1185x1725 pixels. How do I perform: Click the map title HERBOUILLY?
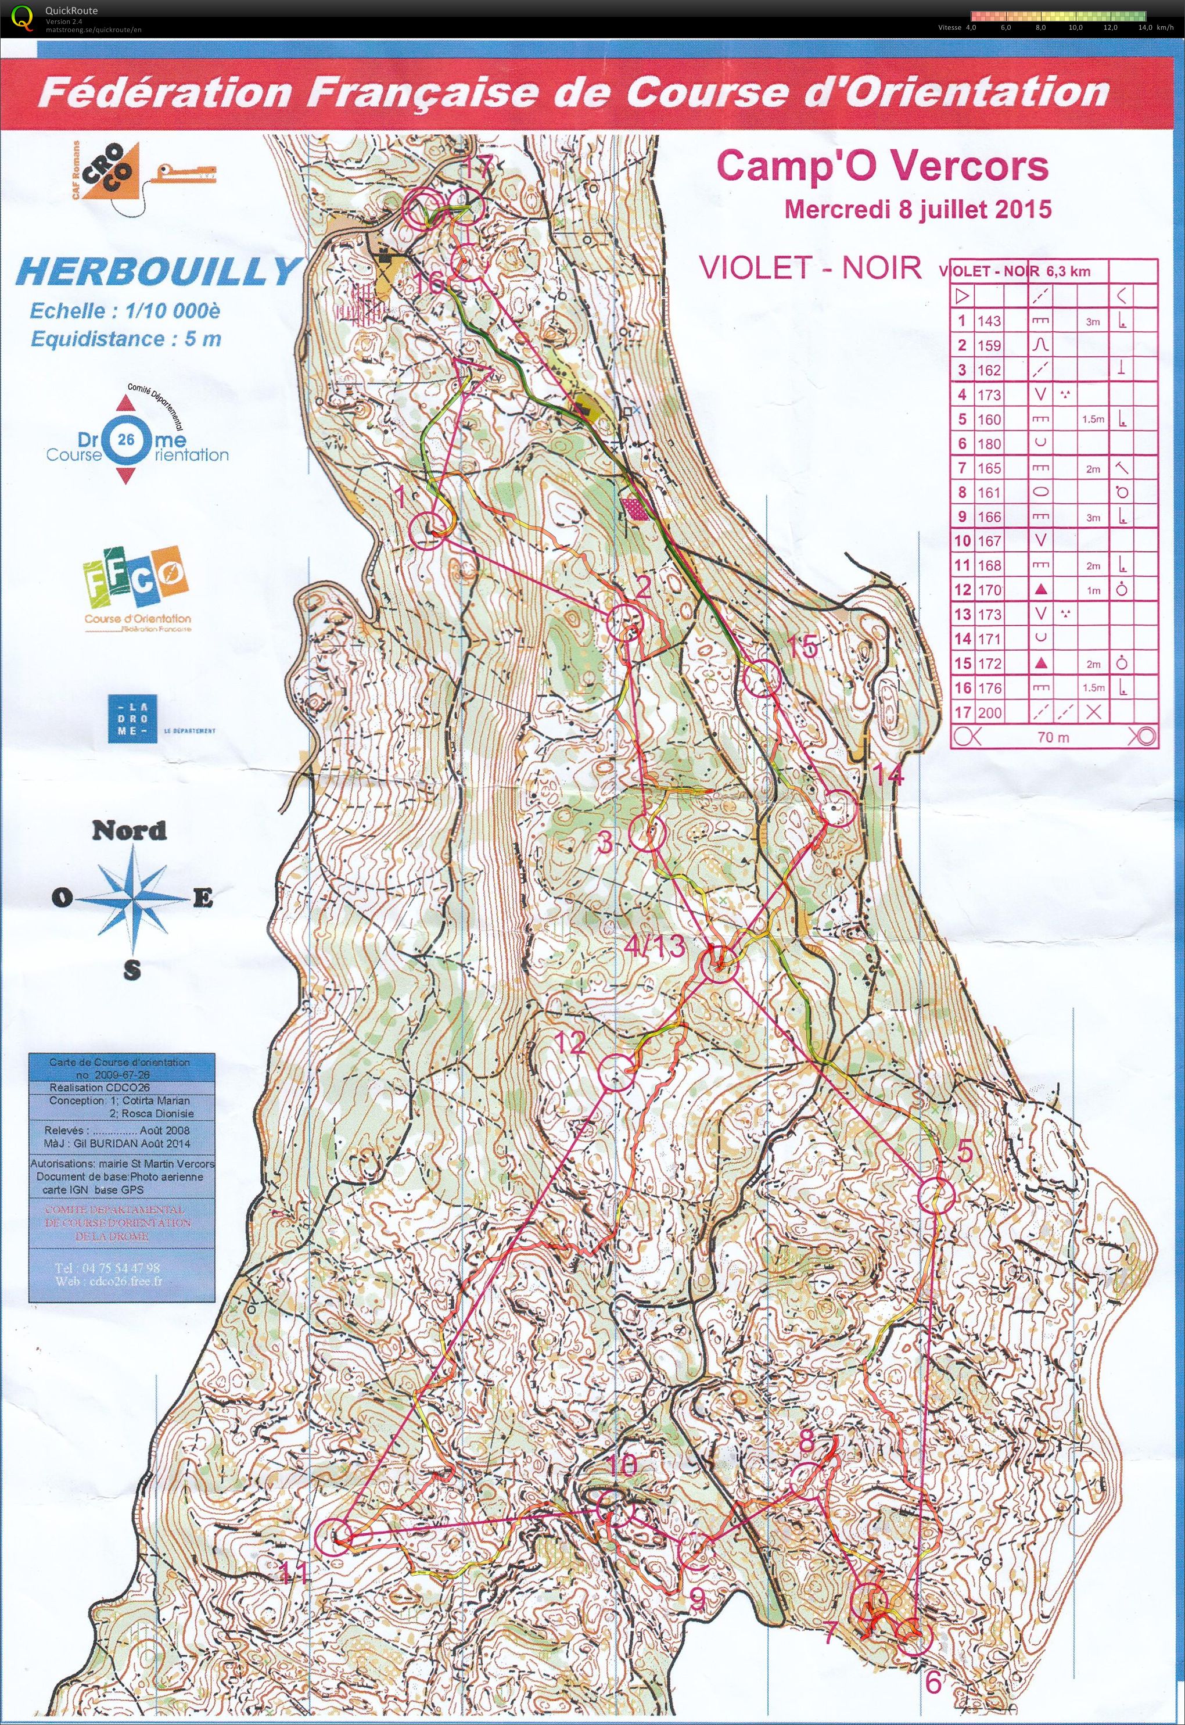(157, 272)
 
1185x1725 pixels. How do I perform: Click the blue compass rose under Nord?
(132, 898)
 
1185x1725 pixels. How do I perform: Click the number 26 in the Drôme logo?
(126, 440)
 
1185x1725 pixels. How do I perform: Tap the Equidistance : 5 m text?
(125, 339)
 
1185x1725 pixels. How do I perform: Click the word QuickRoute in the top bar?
(70, 10)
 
